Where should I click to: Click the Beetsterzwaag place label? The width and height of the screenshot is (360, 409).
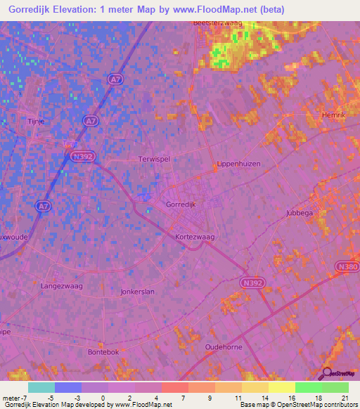(220, 23)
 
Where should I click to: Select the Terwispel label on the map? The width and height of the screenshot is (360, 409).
(154, 160)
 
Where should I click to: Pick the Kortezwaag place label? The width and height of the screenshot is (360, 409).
(195, 238)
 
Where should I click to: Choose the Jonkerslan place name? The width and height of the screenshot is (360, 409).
(137, 291)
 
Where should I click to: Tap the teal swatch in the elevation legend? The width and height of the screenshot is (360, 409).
(41, 387)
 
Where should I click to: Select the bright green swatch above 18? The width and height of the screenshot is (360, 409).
(308, 387)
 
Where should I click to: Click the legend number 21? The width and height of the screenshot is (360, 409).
(345, 397)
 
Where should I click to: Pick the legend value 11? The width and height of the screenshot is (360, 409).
(238, 397)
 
